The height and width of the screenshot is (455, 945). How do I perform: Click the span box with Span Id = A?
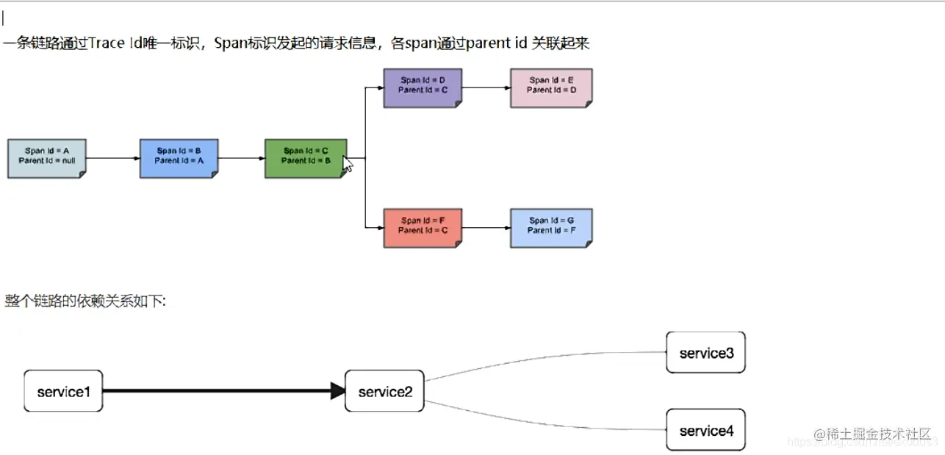click(x=46, y=158)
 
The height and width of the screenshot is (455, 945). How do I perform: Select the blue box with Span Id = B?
click(x=179, y=158)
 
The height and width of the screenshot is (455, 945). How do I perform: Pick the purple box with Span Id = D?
click(x=423, y=88)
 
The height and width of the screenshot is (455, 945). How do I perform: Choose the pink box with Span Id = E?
click(x=551, y=88)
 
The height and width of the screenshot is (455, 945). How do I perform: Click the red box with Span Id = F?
click(x=423, y=228)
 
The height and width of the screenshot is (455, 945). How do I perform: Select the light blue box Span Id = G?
click(x=551, y=228)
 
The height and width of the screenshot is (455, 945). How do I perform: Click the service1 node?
click(x=63, y=391)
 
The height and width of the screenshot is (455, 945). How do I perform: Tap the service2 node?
click(x=384, y=391)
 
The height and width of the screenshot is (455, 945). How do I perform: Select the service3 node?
click(x=705, y=353)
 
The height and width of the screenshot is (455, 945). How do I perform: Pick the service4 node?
click(x=705, y=430)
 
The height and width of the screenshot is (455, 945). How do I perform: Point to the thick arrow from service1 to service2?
click(x=220, y=391)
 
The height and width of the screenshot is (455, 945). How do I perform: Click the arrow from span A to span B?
click(x=112, y=158)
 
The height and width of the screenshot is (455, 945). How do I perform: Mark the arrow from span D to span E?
click(x=486, y=87)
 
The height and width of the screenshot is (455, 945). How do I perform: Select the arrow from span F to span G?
click(x=486, y=228)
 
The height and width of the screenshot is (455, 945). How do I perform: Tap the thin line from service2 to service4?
click(x=544, y=422)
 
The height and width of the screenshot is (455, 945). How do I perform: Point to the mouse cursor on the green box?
click(x=348, y=163)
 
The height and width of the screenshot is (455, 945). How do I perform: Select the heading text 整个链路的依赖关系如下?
click(x=85, y=301)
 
